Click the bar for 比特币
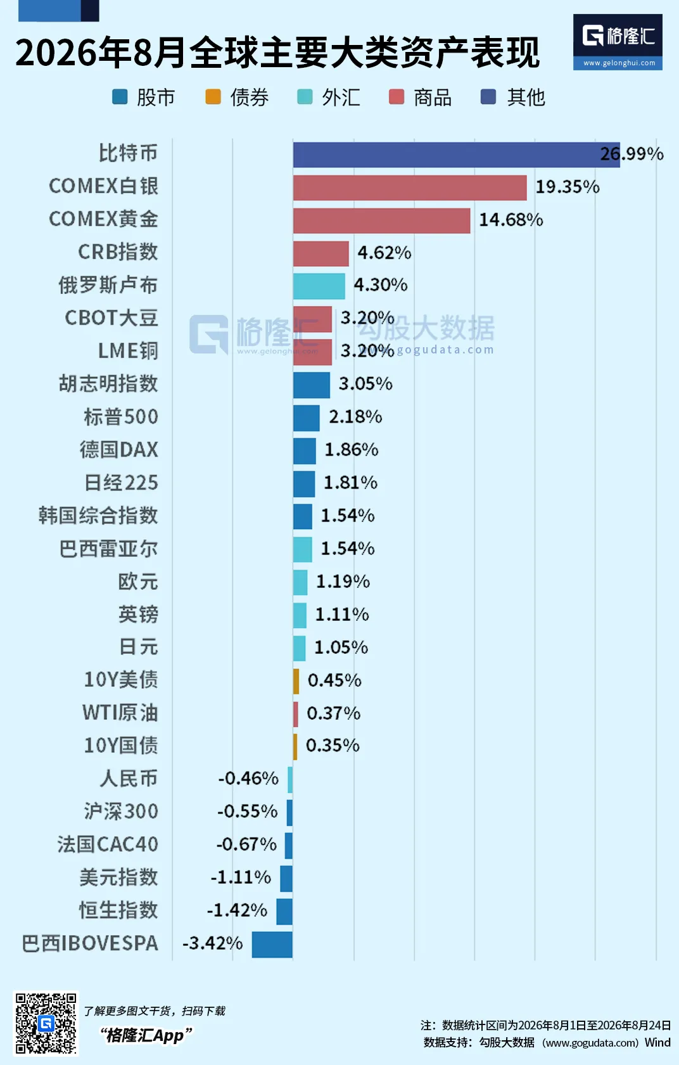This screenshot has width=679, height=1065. point(457,155)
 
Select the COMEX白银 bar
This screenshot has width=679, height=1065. point(410,188)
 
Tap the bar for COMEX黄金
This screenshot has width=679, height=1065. point(381,220)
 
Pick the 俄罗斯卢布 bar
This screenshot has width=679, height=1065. point(319,286)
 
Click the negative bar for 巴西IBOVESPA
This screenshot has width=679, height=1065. point(272,944)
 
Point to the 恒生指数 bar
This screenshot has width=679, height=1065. point(284,912)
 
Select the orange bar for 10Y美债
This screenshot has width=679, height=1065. point(296,681)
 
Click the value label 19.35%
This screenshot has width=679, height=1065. point(568,187)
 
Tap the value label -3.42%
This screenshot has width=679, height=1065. point(213,943)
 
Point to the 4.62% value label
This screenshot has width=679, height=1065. point(384,252)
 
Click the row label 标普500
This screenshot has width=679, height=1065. point(121,416)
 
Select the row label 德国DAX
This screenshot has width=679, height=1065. point(119,449)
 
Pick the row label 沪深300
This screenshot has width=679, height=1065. point(121,811)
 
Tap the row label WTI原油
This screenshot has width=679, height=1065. point(120,712)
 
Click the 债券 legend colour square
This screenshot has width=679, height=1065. point(213,96)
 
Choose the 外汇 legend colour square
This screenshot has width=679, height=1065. point(305,96)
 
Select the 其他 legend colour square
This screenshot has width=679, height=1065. point(488,96)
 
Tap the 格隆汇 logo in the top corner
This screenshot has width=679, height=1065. point(618,42)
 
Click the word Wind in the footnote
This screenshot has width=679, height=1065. point(657,1042)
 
